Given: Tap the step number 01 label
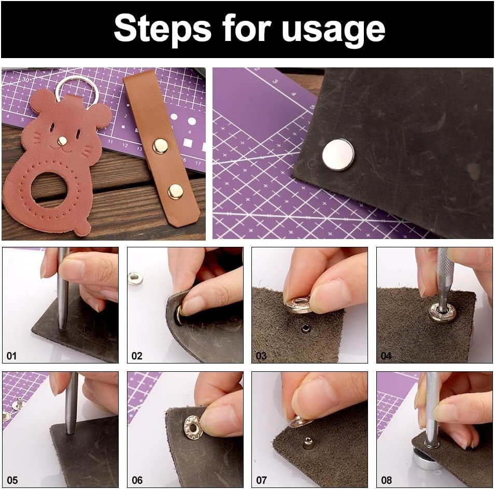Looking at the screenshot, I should coord(11,356).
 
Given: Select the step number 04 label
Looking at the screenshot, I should coord(386,356).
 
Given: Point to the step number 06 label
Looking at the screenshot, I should coord(137,480).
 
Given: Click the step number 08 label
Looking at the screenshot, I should coord(387,480).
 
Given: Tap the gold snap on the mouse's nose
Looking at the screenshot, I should coord(62,141).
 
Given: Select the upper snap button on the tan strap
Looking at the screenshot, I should coord(160,146).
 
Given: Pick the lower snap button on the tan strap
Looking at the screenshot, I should coord(175,191).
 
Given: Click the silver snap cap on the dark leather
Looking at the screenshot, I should coord(338,155).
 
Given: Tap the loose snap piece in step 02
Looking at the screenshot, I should coord(135,278).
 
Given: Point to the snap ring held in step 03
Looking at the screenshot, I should coord(299,305).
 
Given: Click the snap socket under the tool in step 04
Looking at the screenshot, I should coord(442,313).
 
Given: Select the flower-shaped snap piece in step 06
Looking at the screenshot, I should coord(192,427).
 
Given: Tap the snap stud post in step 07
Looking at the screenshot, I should coord(308,442).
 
